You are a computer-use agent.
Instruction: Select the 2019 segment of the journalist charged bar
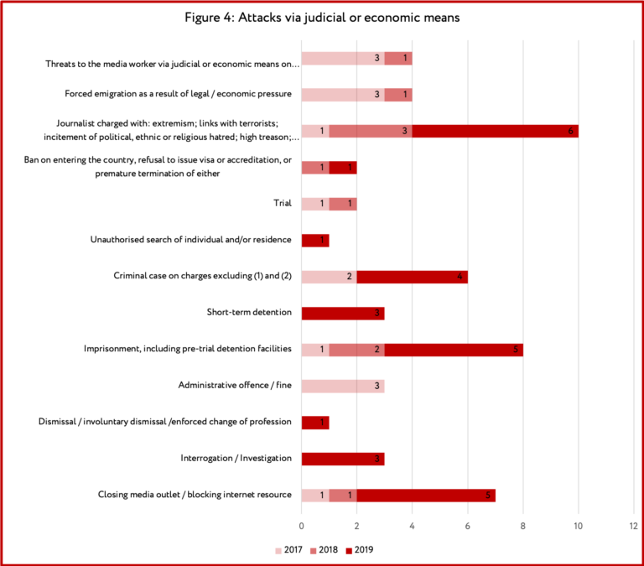tap(496, 131)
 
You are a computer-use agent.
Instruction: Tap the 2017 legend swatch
tap(278, 550)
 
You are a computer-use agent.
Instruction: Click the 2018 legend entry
tap(324, 550)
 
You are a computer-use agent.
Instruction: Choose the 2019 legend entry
tap(360, 550)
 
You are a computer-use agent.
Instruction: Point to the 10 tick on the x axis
tap(579, 526)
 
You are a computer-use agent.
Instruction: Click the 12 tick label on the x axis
tap(633, 526)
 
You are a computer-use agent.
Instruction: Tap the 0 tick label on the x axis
tap(302, 526)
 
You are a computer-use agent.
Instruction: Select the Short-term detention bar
tap(343, 314)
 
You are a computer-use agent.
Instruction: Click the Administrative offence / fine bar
tap(343, 386)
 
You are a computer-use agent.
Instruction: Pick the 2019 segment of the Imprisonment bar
tap(454, 350)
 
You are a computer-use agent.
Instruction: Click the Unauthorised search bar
tap(315, 241)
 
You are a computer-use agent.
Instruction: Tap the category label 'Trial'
tap(283, 203)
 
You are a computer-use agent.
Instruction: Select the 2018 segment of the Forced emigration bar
tap(398, 95)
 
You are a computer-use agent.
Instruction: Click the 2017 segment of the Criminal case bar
tap(329, 277)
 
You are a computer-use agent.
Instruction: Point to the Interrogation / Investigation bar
tap(343, 459)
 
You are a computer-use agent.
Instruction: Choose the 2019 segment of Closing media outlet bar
tap(426, 496)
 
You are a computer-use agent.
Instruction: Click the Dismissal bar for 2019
tap(315, 423)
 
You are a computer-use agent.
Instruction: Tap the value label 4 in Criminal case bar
tap(460, 277)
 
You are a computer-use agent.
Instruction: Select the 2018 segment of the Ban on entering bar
tap(315, 168)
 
